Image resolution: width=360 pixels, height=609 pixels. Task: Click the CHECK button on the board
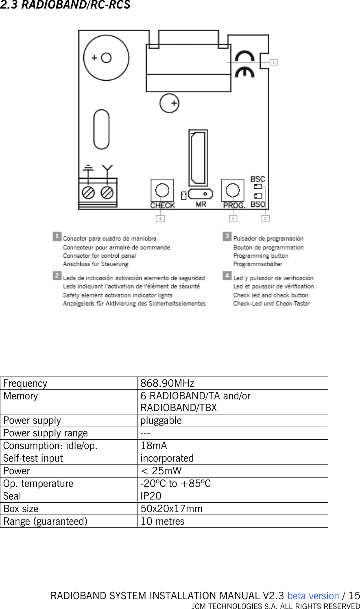pyautogui.click(x=162, y=190)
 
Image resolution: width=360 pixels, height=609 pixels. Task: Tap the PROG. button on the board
pyautogui.click(x=233, y=190)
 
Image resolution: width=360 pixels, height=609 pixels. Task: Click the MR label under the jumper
pyautogui.click(x=201, y=204)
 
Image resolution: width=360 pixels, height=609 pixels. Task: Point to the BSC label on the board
pyautogui.click(x=257, y=179)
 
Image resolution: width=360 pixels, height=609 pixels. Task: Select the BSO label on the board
pyautogui.click(x=258, y=204)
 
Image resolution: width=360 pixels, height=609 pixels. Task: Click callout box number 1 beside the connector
pyautogui.click(x=274, y=62)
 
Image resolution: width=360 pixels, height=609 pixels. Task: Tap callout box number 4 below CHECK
pyautogui.click(x=161, y=219)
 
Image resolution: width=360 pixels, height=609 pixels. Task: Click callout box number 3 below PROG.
pyautogui.click(x=233, y=219)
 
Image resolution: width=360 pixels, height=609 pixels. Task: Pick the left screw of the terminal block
pyautogui.click(x=89, y=192)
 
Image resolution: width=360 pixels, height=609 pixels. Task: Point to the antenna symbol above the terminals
pyautogui.click(x=107, y=169)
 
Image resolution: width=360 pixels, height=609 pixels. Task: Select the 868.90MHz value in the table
pyautogui.click(x=167, y=383)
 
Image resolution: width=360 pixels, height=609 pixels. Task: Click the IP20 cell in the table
pyautogui.click(x=151, y=496)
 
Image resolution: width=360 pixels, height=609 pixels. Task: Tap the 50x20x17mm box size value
pyautogui.click(x=171, y=509)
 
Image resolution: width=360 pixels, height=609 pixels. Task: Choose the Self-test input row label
pyautogui.click(x=33, y=458)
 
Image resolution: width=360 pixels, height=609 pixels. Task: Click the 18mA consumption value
pyautogui.click(x=153, y=446)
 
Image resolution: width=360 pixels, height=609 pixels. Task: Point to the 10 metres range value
pyautogui.click(x=162, y=521)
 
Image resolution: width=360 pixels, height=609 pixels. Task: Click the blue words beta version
pyautogui.click(x=313, y=596)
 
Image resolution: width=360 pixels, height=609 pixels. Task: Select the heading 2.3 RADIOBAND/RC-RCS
pyautogui.click(x=65, y=5)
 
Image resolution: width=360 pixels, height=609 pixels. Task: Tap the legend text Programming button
pyautogui.click(x=260, y=256)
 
